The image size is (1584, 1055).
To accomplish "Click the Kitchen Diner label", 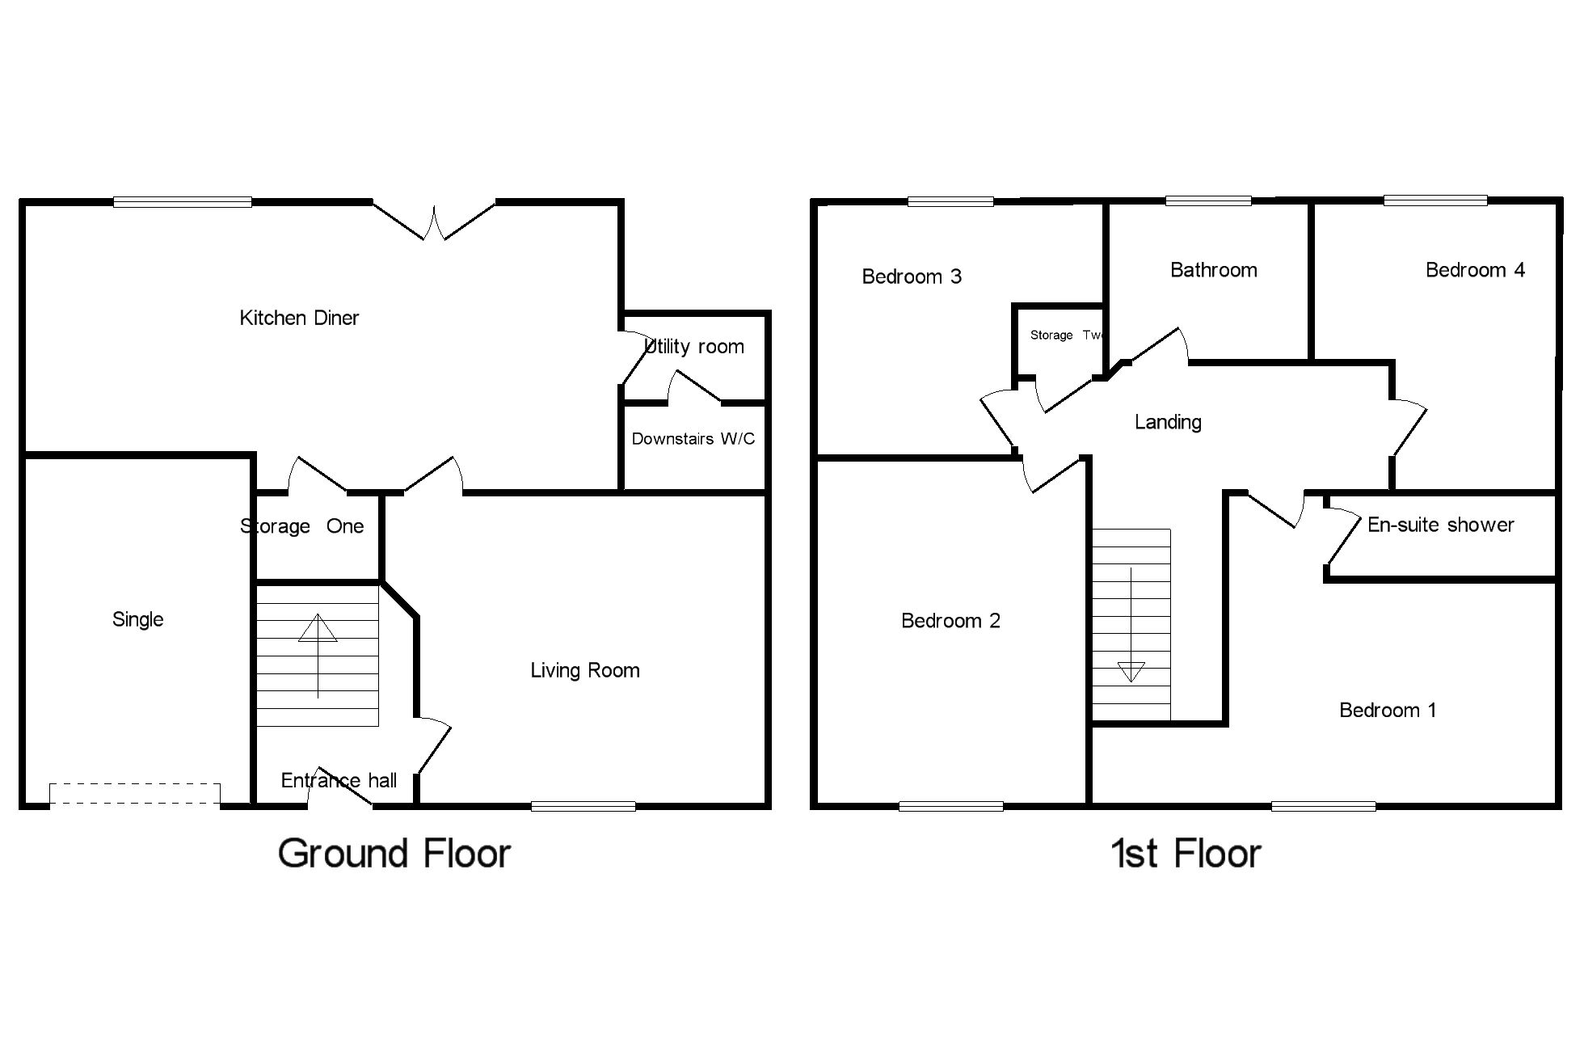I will (299, 318).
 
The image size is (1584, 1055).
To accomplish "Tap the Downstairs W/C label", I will (693, 439).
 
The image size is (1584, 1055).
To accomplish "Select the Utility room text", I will (694, 347).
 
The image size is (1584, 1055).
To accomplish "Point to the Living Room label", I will (584, 670).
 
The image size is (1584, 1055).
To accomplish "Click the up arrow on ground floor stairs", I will (318, 628).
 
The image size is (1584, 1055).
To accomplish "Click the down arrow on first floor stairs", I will (1131, 670).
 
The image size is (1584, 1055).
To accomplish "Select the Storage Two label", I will (1066, 335).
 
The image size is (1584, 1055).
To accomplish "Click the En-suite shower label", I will (1440, 525).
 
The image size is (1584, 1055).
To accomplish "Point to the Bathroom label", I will (1213, 270).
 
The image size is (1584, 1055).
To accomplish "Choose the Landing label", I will (1167, 422).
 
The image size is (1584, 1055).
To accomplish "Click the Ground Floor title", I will (394, 854).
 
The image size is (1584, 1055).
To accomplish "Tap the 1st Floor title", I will (1186, 854).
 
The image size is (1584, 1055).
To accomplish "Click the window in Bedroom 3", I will (950, 202).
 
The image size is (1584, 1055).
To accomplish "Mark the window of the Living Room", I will (583, 805).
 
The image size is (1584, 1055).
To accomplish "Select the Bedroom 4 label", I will (1474, 270).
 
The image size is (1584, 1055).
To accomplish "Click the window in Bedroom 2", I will (950, 805).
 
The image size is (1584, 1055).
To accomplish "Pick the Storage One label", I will (301, 526).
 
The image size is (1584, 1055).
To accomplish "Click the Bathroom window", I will (1208, 201).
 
